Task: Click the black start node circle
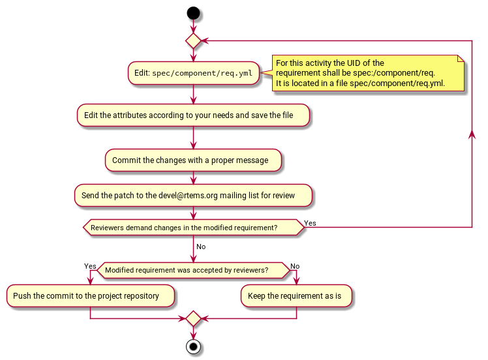click(x=193, y=12)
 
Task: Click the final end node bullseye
click(x=193, y=346)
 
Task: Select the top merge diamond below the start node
click(x=193, y=40)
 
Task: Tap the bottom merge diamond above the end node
click(x=193, y=318)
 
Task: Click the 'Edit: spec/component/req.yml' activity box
click(x=193, y=73)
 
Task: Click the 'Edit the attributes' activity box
click(x=193, y=115)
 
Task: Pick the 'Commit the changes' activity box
click(x=193, y=160)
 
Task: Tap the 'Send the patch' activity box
click(x=193, y=195)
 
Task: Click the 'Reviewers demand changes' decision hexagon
click(x=193, y=228)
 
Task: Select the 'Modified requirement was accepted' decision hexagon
click(x=193, y=270)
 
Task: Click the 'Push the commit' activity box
click(x=90, y=295)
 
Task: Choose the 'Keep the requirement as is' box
click(x=296, y=295)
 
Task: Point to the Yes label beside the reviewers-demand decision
click(x=311, y=223)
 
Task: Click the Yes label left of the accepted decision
click(x=90, y=266)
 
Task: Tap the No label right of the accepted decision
click(x=295, y=266)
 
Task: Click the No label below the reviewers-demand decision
click(x=201, y=247)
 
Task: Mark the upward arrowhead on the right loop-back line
click(x=472, y=132)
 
